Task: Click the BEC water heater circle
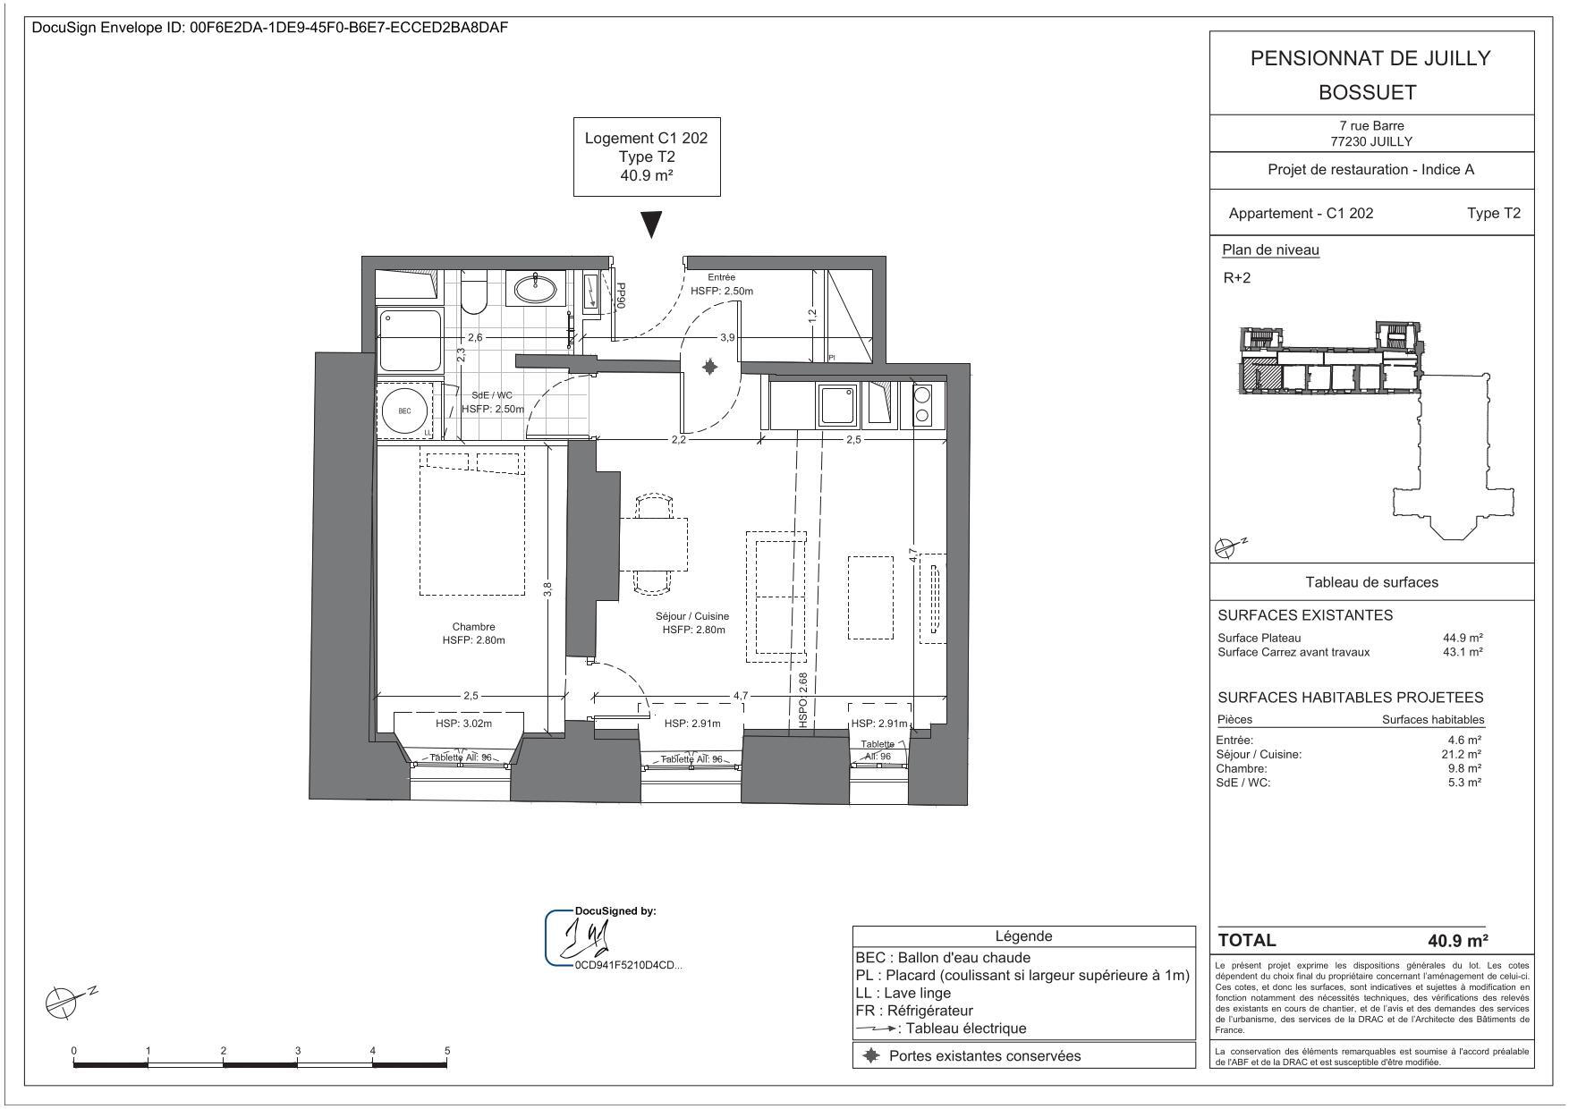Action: coord(404,411)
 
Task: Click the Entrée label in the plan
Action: coord(721,277)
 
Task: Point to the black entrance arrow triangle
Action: coord(653,224)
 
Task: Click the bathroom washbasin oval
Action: coord(536,288)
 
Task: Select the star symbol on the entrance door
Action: coord(709,367)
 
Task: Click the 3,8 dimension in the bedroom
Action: coord(547,590)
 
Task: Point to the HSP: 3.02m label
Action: coord(464,724)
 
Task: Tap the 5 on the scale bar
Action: coord(446,1051)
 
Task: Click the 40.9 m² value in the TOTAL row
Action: coord(1457,941)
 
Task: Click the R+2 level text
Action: coord(1237,278)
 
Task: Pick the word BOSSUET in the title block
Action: coord(1370,92)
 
